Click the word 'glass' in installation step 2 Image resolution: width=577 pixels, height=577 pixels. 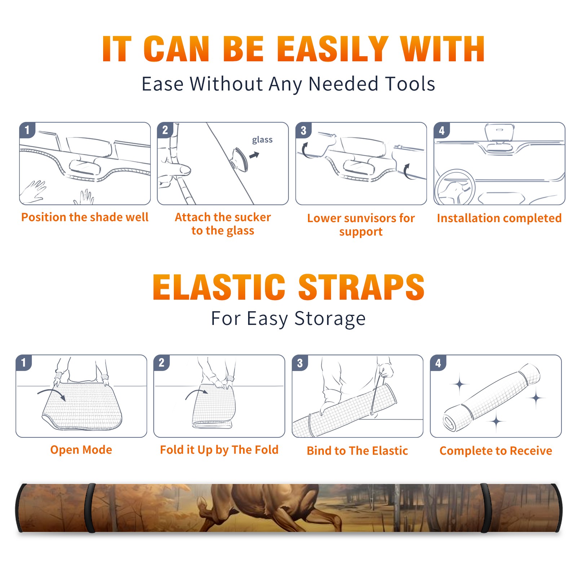click(262, 140)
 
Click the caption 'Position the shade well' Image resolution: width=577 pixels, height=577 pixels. click(85, 217)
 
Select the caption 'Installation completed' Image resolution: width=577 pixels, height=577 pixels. click(499, 218)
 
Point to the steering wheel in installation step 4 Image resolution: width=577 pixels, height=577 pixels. click(455, 187)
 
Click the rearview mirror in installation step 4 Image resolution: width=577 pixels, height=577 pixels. click(499, 133)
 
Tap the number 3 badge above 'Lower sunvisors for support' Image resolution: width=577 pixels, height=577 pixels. click(303, 131)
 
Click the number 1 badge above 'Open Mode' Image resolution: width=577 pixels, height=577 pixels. click(24, 363)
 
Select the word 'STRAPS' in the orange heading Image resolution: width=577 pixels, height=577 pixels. click(361, 287)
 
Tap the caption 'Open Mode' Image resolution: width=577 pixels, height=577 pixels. click(81, 450)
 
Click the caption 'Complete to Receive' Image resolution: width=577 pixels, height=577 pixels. click(496, 451)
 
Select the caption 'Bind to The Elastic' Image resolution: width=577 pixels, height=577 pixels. click(357, 451)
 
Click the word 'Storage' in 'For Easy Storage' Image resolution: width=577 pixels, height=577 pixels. click(330, 319)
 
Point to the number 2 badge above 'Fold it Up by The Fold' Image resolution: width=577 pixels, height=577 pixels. click(162, 363)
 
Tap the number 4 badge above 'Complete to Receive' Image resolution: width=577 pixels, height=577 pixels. click(438, 363)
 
